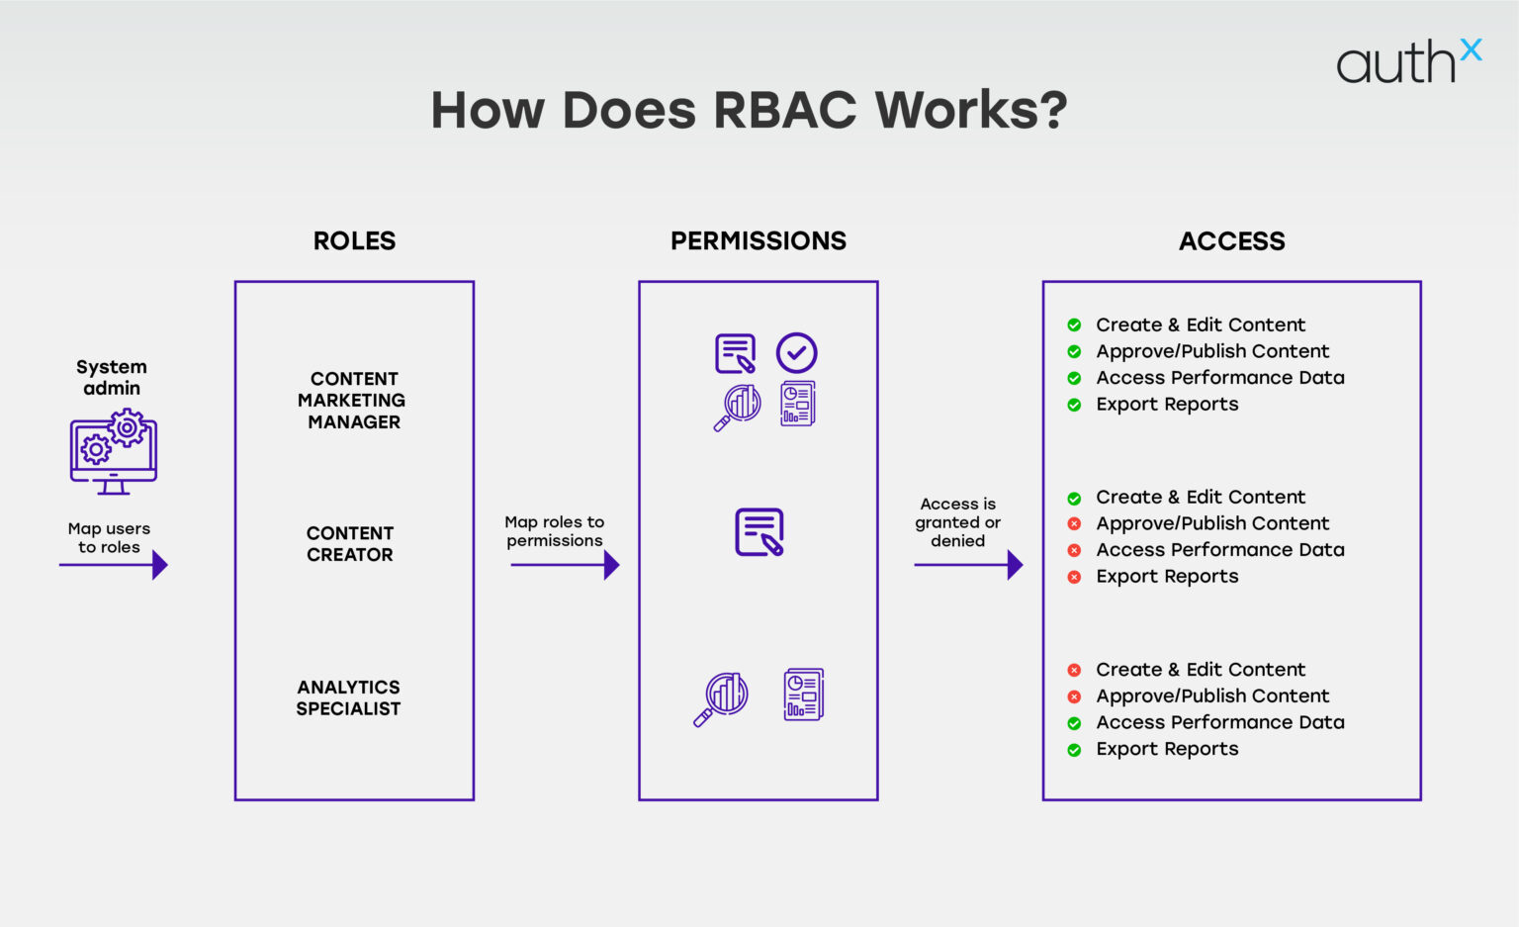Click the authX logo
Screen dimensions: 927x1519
pyautogui.click(x=1407, y=62)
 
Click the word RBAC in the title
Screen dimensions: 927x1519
pyautogui.click(x=785, y=110)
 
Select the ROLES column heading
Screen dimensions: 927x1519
pyautogui.click(x=354, y=240)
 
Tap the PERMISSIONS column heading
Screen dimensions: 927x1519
pyautogui.click(x=759, y=240)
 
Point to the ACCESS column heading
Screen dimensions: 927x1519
pyautogui.click(x=1231, y=240)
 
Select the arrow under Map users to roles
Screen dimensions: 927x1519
pyautogui.click(x=114, y=565)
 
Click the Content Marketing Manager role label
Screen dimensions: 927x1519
pyautogui.click(x=352, y=400)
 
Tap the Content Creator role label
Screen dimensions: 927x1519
pyautogui.click(x=350, y=544)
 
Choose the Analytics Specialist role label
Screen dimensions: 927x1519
pyautogui.click(x=348, y=697)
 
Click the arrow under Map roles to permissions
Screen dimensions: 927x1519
pyautogui.click(x=565, y=565)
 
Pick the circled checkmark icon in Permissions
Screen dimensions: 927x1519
pyautogui.click(x=796, y=352)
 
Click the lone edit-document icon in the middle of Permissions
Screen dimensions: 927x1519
pyautogui.click(x=759, y=532)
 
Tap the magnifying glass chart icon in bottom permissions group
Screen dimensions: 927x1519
pyautogui.click(x=722, y=697)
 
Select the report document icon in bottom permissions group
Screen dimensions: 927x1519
pyautogui.click(x=803, y=695)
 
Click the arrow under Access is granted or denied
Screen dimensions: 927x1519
pyautogui.click(x=968, y=565)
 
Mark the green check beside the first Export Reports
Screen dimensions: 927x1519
pyautogui.click(x=1074, y=405)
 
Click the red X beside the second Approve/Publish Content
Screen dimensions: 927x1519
pyautogui.click(x=1074, y=523)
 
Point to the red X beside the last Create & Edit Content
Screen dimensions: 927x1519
pyautogui.click(x=1074, y=670)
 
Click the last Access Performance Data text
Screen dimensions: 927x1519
pyautogui.click(x=1219, y=722)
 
